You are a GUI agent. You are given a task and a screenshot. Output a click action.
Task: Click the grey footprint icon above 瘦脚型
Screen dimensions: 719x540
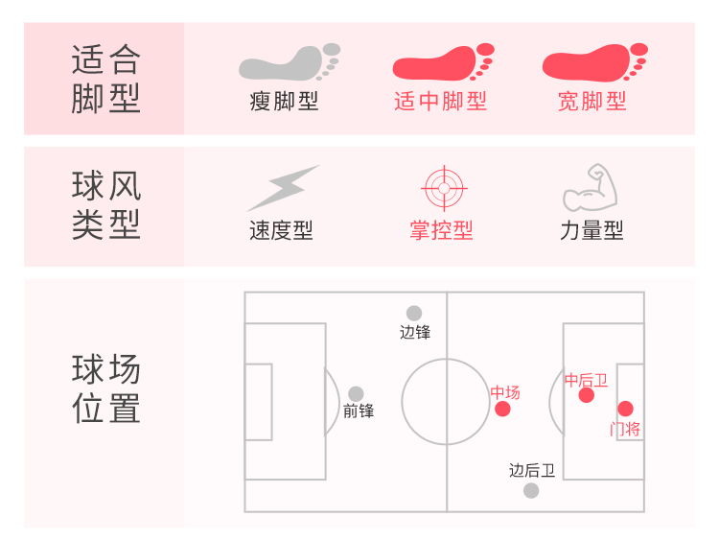tap(288, 62)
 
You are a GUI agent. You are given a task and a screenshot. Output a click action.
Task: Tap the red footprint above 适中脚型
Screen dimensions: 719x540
tap(442, 62)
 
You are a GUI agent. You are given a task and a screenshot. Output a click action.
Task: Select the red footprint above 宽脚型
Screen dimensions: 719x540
tap(593, 62)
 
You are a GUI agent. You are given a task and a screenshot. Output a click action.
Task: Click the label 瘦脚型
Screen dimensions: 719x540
tap(284, 101)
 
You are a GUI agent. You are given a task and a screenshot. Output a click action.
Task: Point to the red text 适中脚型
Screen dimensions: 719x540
tap(441, 101)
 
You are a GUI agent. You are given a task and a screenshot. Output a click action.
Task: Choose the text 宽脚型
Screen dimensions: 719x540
tap(592, 101)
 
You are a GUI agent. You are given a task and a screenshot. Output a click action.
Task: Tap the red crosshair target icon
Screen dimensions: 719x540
tap(442, 188)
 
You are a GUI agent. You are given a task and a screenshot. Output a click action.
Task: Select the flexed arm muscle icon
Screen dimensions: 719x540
tap(589, 188)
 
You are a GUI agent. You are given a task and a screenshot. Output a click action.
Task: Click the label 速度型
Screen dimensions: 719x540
tap(281, 231)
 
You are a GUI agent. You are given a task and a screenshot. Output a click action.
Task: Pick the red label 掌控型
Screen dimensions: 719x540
tap(441, 231)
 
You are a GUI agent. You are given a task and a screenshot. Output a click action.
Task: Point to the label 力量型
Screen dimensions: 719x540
tap(591, 231)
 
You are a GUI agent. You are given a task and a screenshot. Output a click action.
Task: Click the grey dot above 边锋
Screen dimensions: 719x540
tap(414, 313)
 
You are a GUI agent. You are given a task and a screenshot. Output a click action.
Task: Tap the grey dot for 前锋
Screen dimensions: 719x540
tap(356, 393)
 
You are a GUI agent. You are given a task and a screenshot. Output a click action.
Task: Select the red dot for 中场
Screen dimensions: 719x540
tap(502, 410)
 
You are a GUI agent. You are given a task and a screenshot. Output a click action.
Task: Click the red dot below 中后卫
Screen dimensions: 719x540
tap(587, 395)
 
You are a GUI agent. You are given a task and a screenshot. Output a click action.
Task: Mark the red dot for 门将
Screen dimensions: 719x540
tap(625, 409)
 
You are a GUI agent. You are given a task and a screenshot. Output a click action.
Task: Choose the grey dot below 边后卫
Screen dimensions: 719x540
tap(531, 490)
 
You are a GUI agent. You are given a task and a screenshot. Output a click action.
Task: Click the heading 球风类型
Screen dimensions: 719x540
tap(105, 205)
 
